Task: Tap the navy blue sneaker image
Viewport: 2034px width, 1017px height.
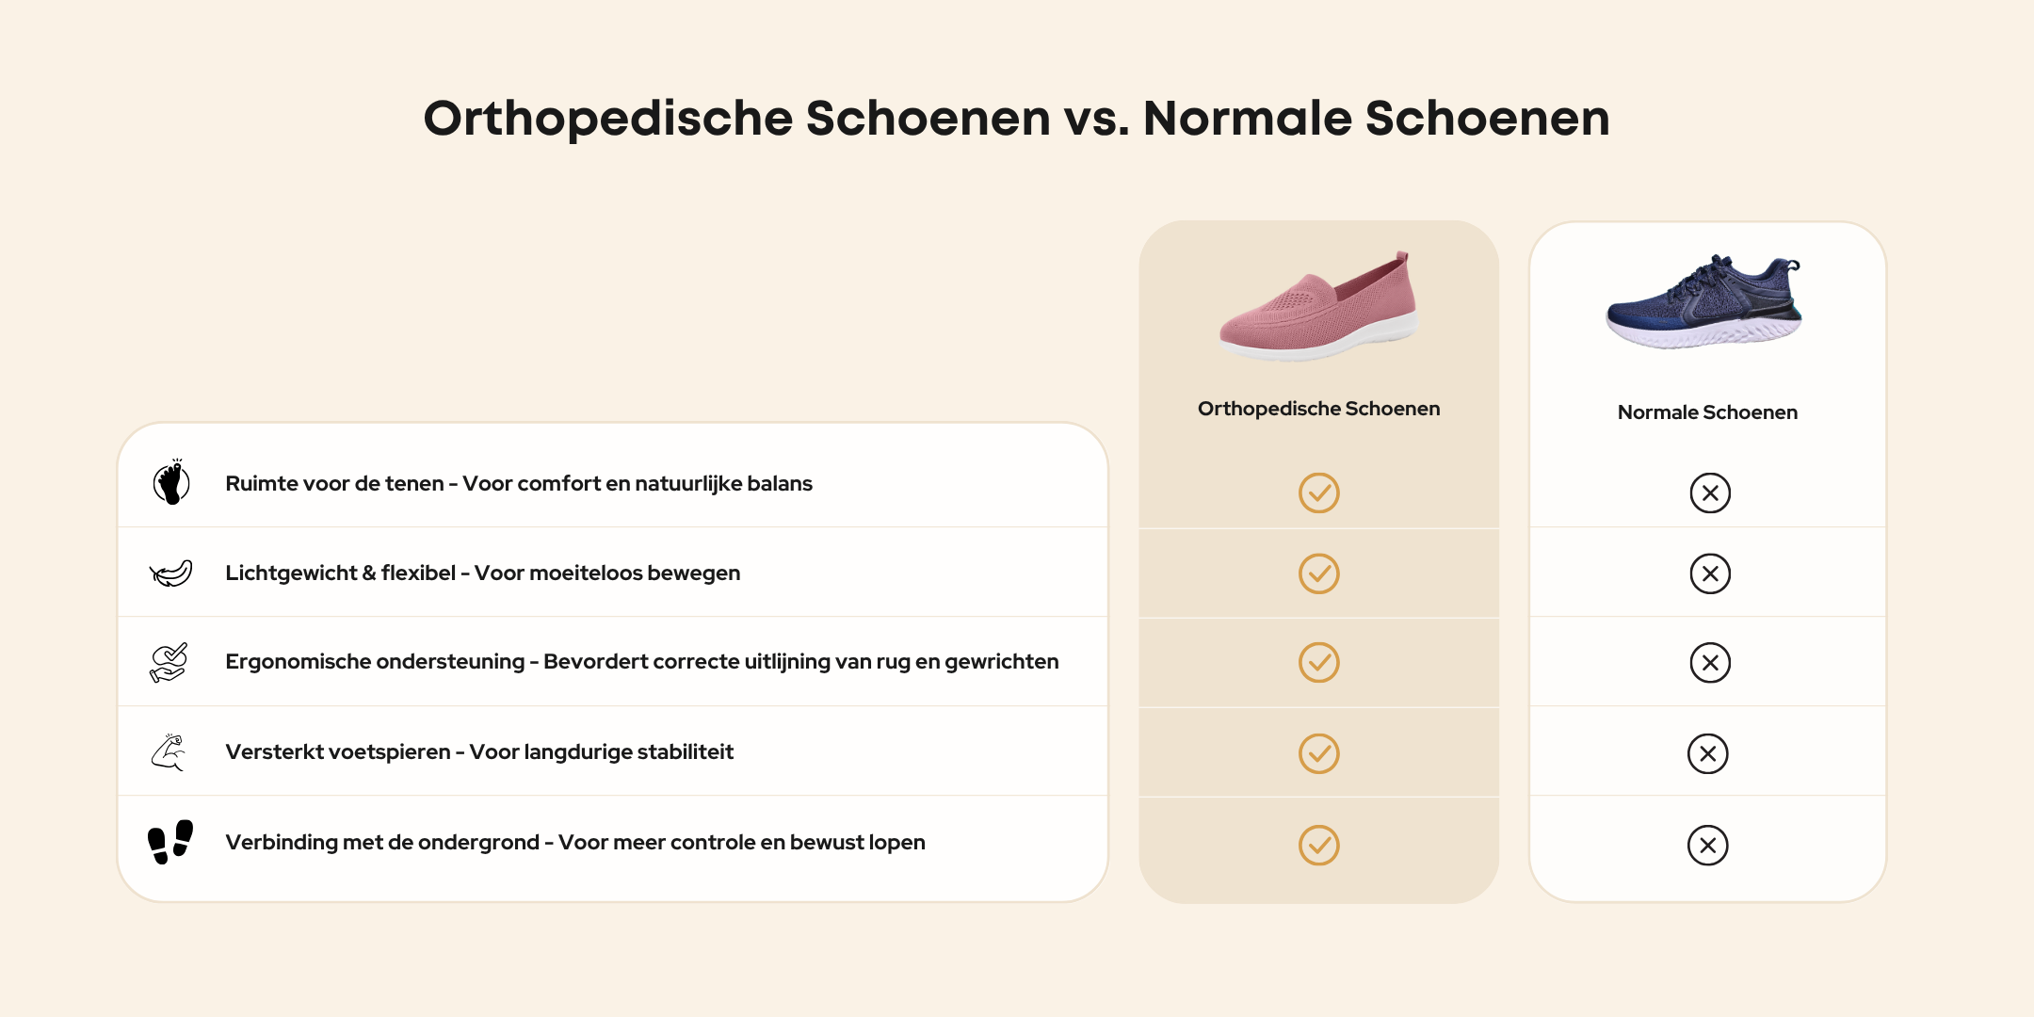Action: click(x=1704, y=301)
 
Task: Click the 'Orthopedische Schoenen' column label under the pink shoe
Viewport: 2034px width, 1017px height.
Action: click(x=1318, y=409)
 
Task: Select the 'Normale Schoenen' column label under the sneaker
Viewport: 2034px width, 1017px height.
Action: click(x=1707, y=412)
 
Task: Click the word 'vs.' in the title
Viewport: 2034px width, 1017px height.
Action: click(x=1096, y=119)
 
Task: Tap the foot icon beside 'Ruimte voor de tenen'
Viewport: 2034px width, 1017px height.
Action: click(x=171, y=482)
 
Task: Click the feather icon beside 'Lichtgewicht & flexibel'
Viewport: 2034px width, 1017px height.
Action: click(x=171, y=573)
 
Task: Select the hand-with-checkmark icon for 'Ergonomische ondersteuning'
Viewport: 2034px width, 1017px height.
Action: click(x=169, y=662)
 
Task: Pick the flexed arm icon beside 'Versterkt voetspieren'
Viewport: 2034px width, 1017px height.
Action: click(x=169, y=752)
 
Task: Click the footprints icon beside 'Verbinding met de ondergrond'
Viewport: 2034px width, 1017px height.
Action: click(x=170, y=842)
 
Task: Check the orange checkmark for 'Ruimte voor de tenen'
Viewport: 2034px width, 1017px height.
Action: click(x=1318, y=492)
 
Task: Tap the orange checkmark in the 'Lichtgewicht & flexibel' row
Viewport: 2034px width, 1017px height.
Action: click(x=1318, y=573)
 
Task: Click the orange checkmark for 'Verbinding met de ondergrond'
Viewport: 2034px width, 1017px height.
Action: click(x=1318, y=846)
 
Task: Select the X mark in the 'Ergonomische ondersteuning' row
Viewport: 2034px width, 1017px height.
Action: click(x=1710, y=663)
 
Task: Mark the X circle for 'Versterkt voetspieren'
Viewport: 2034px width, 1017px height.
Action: click(x=1708, y=753)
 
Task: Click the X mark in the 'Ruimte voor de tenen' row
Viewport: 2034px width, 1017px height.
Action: click(x=1710, y=492)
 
